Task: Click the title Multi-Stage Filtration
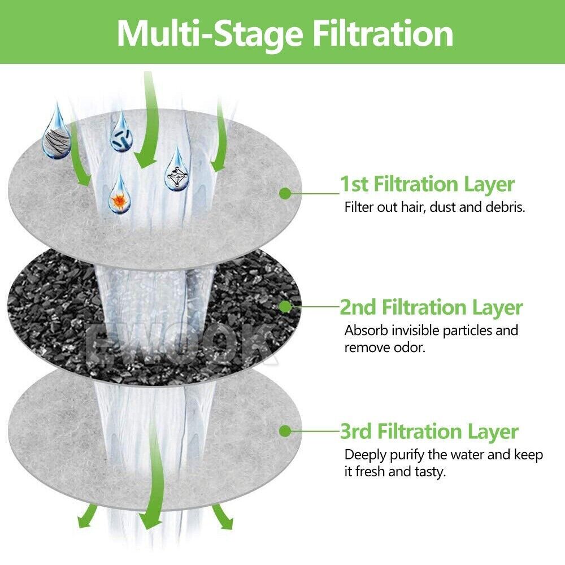(285, 33)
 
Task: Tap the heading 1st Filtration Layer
(427, 184)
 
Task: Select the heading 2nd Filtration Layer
(431, 307)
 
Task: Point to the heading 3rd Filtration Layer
(429, 431)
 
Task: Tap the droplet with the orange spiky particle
(119, 194)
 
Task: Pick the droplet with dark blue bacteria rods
(121, 133)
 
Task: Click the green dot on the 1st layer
(285, 193)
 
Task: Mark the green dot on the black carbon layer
(285, 307)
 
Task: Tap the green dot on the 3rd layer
(285, 431)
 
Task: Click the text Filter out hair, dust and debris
(434, 207)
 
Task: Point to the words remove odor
(385, 347)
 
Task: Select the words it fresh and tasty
(395, 472)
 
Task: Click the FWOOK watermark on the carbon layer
(180, 344)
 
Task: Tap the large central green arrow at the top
(147, 119)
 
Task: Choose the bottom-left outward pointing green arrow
(87, 516)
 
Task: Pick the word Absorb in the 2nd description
(366, 331)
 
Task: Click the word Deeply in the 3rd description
(366, 455)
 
